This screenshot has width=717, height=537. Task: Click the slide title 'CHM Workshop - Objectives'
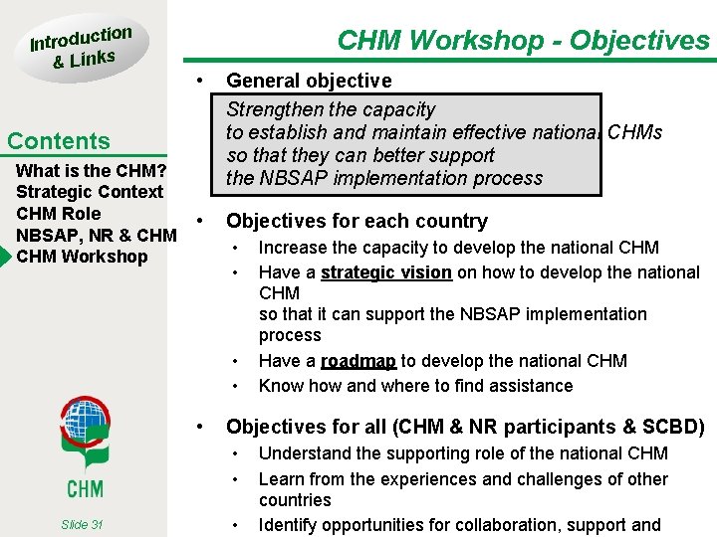tap(523, 40)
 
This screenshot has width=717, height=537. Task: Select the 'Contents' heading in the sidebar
tap(59, 141)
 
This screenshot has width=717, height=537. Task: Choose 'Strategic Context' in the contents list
tap(89, 192)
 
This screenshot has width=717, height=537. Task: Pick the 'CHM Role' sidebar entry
tap(59, 214)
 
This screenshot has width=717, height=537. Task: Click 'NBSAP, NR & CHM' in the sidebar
tap(97, 235)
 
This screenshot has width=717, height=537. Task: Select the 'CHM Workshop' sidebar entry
tap(82, 257)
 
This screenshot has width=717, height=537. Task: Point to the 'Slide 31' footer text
tap(82, 525)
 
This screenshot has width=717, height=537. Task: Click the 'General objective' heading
tap(309, 81)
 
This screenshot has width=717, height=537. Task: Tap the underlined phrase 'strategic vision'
tap(386, 272)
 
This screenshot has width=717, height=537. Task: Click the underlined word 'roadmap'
tap(358, 361)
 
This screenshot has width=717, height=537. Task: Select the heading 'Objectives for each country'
tap(357, 221)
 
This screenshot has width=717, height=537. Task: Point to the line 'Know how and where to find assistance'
tap(415, 386)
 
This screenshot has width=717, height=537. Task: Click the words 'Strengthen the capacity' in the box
tap(331, 109)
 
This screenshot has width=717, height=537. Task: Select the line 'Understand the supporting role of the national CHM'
tap(463, 453)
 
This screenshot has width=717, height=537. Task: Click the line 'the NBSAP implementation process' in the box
tap(384, 179)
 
